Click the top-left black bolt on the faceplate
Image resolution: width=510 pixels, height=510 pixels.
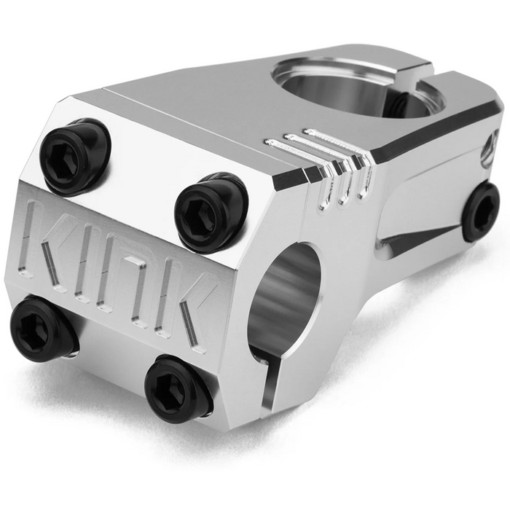[x=74, y=156]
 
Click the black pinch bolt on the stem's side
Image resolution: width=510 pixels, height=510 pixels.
[x=482, y=211]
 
